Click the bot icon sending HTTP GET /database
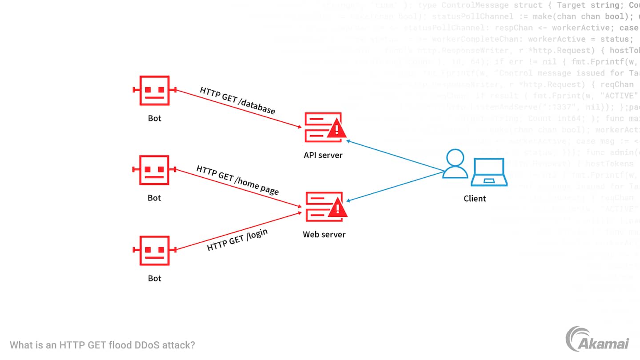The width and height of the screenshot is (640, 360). pos(155,90)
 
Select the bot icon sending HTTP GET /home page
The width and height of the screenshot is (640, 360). pos(155,170)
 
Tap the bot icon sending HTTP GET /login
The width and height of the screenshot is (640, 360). pos(155,250)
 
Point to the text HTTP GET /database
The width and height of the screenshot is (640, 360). pos(237,100)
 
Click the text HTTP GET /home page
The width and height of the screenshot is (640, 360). pos(237,180)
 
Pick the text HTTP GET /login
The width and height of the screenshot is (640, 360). pos(237,240)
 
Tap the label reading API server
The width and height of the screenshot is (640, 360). pos(323,155)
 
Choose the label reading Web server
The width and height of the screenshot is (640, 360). pos(324,234)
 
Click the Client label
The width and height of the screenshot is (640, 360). pos(475,199)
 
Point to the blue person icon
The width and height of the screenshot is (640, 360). pos(455,164)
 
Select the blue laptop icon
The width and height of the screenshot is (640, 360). pos(489,172)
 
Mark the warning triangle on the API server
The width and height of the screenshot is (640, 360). pos(337,129)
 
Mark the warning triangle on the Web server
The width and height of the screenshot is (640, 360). pos(337,208)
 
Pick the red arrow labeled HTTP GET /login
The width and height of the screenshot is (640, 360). pos(240,231)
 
